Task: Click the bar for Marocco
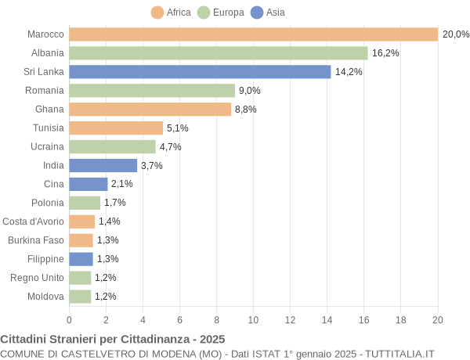(253, 34)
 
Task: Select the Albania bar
(218, 53)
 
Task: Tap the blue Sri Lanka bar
(200, 72)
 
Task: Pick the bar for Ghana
(150, 110)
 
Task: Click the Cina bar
(88, 184)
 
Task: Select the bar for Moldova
(80, 297)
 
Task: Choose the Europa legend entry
(221, 13)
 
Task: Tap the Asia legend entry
(268, 13)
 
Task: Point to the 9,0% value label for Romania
(250, 91)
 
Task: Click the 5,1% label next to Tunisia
(178, 128)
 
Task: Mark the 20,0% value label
(455, 34)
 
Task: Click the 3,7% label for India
(152, 166)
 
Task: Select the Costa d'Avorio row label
(33, 221)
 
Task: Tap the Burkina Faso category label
(36, 240)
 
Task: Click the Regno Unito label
(37, 278)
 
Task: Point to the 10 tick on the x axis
(253, 319)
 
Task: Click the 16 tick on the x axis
(363, 319)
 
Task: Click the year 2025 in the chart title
(211, 339)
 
